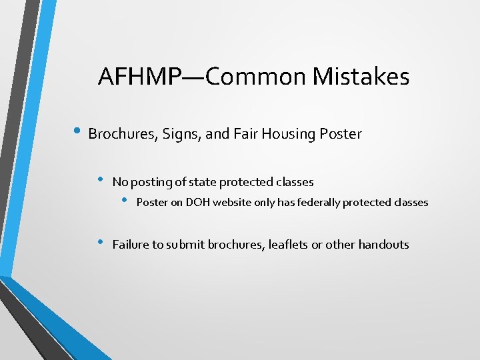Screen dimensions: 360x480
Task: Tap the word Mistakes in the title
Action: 361,77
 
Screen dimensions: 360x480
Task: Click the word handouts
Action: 383,245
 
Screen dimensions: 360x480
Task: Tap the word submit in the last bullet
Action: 185,245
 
